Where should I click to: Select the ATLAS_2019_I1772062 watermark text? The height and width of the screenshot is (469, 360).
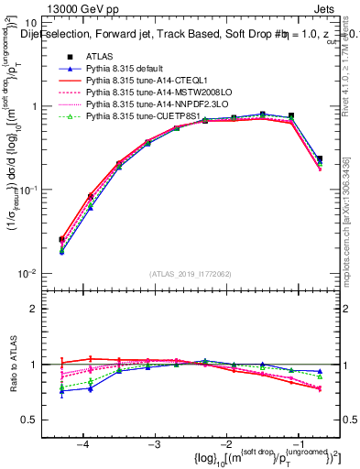[191, 274]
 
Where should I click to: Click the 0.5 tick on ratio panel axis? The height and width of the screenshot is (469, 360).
[38, 420]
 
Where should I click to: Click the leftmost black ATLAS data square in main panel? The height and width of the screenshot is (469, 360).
[61, 240]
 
